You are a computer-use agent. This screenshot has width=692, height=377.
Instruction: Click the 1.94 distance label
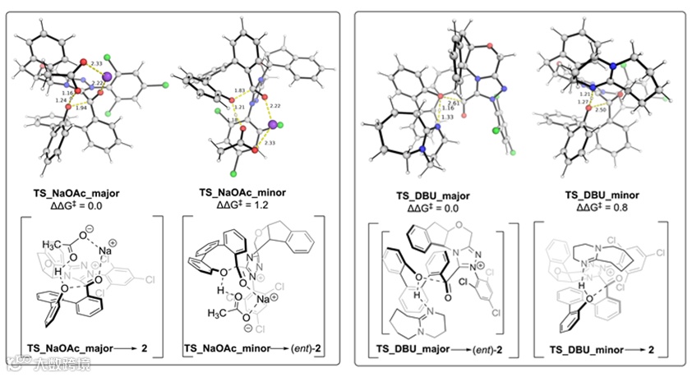point(81,108)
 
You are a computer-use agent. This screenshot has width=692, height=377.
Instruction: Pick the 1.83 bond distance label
point(240,90)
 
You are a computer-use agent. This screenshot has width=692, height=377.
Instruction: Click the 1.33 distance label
point(448,117)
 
